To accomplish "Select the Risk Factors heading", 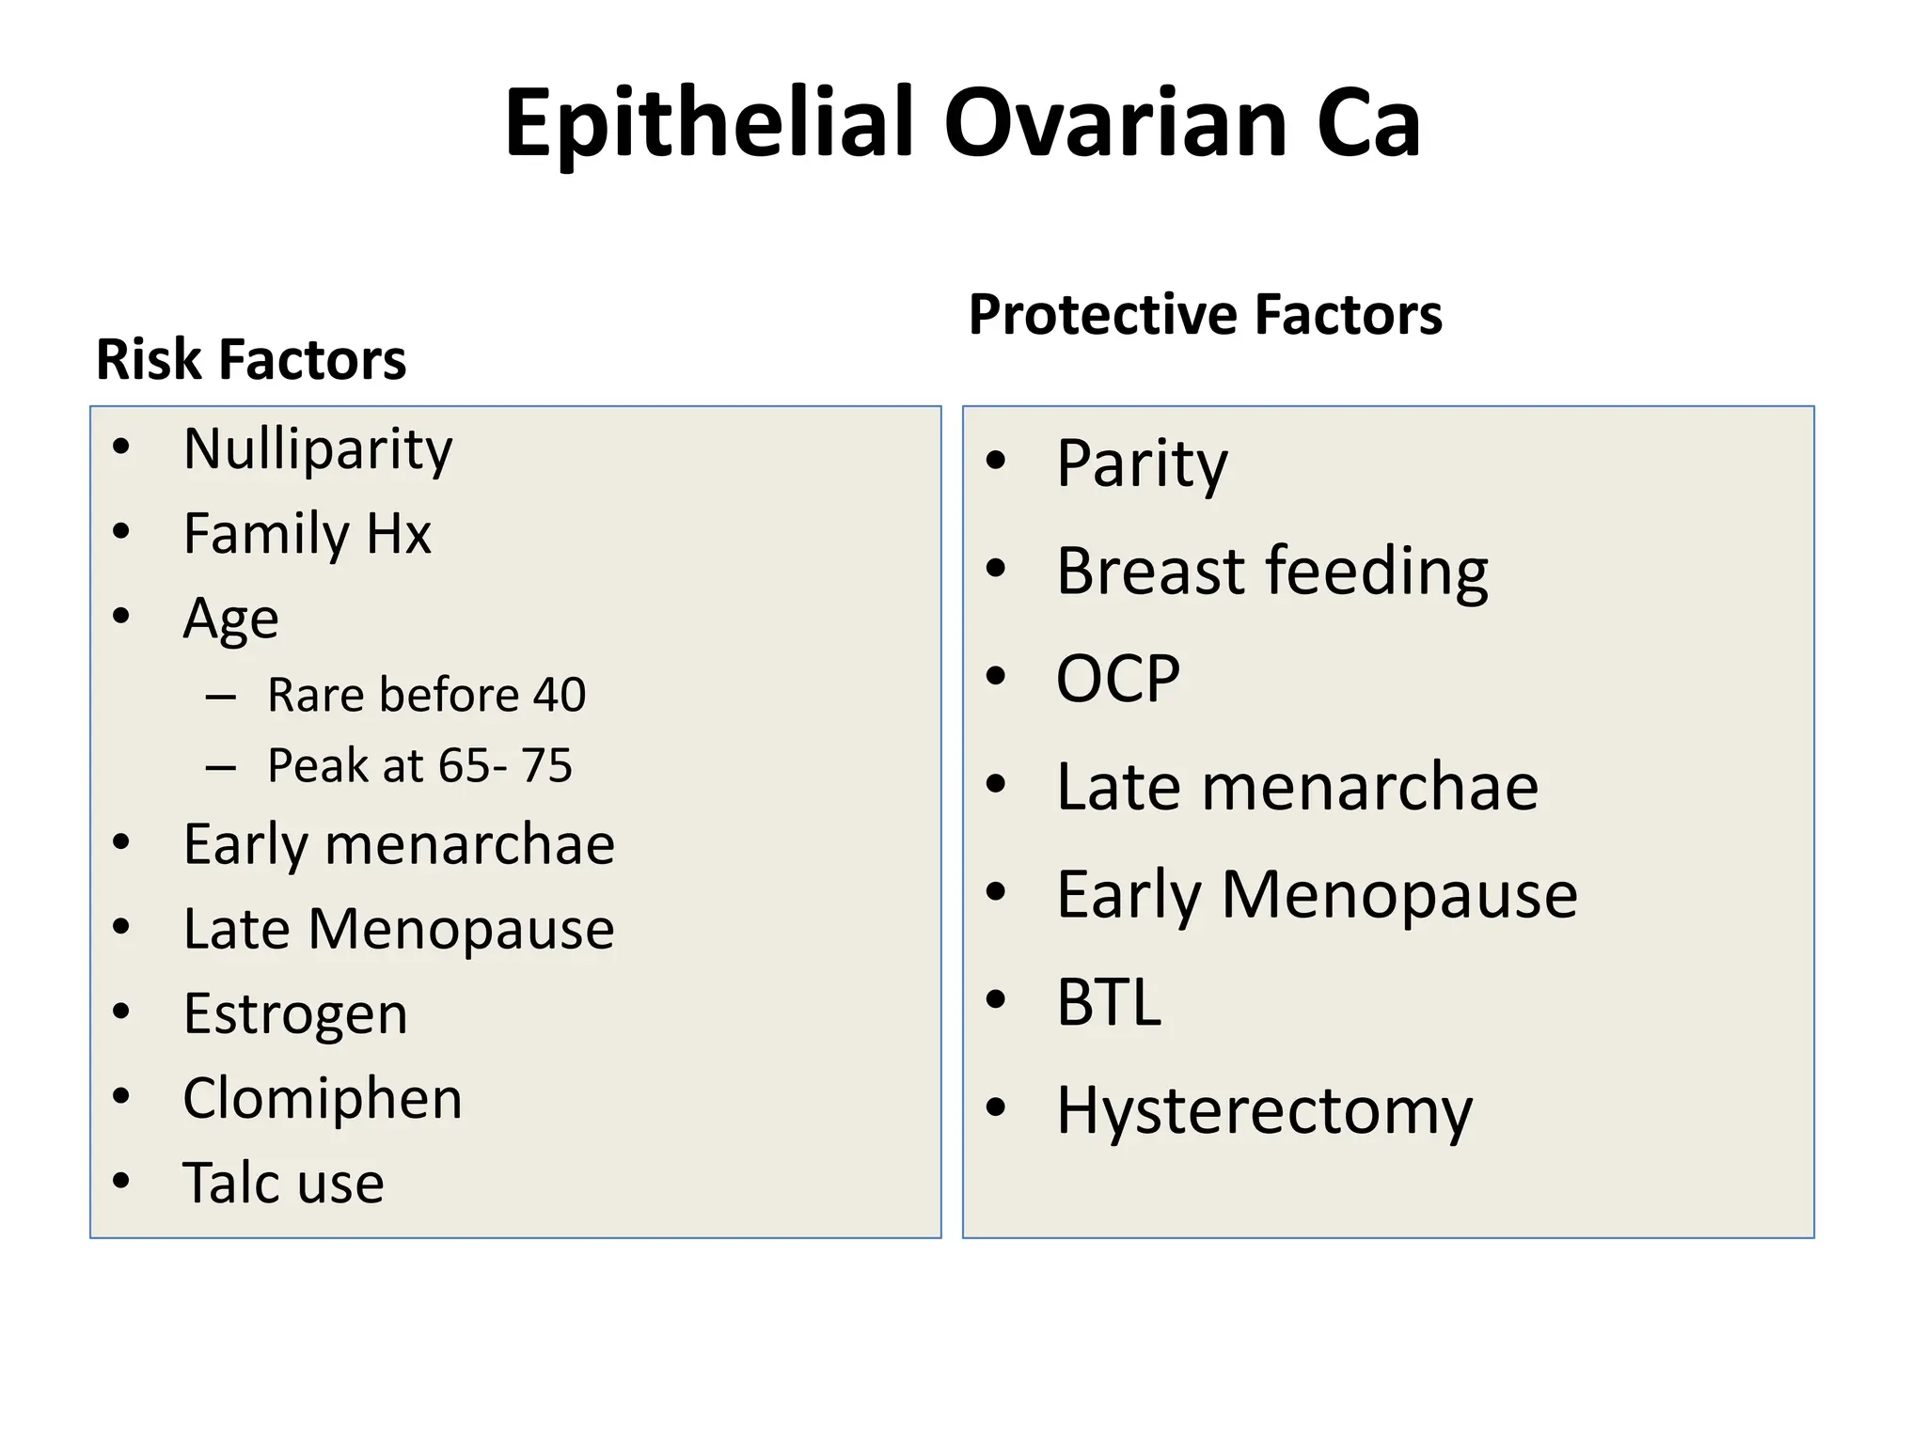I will (x=251, y=359).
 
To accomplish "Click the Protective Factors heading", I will (x=1205, y=314).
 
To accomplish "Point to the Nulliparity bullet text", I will (x=318, y=449).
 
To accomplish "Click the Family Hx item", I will (x=307, y=534).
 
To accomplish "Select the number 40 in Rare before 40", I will (x=560, y=695).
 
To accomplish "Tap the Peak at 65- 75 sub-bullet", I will (x=419, y=765).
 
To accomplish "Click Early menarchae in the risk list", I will (x=399, y=844).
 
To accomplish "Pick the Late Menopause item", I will (x=399, y=929).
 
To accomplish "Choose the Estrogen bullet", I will (x=295, y=1013).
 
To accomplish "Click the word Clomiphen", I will (x=323, y=1098).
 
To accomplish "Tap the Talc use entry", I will (x=283, y=1183).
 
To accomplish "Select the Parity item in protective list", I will (x=1142, y=463).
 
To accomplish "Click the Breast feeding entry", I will (x=1272, y=571).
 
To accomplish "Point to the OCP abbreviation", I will (x=1117, y=678).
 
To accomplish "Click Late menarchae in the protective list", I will (x=1297, y=786).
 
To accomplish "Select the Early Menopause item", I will (x=1317, y=894).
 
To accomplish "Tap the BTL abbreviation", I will (x=1109, y=1002).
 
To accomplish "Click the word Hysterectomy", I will (x=1264, y=1110).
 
